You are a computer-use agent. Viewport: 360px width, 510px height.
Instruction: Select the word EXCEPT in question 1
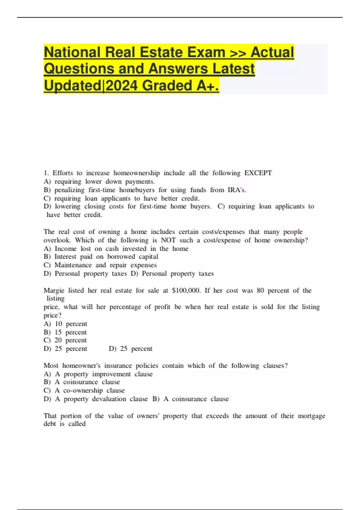258,173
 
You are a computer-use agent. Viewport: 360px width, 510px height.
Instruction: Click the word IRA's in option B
237,190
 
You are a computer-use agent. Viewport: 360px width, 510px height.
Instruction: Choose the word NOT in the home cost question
168,240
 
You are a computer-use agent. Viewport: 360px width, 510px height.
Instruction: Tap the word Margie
54,290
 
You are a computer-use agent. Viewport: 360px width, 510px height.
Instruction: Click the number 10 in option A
58,324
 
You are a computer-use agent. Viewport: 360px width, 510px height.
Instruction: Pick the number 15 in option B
58,332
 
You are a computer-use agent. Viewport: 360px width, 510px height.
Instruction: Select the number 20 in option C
58,340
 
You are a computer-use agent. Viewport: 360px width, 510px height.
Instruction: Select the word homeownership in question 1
136,173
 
